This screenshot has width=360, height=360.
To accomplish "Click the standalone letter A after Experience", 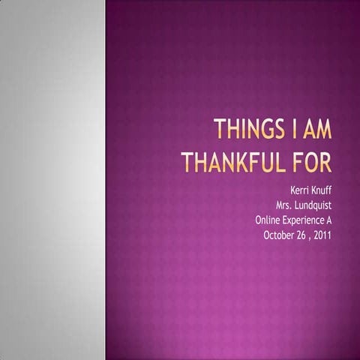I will click(x=328, y=220).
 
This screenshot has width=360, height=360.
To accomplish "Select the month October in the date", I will click(x=280, y=235).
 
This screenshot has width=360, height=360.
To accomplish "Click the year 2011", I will click(x=323, y=235).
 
